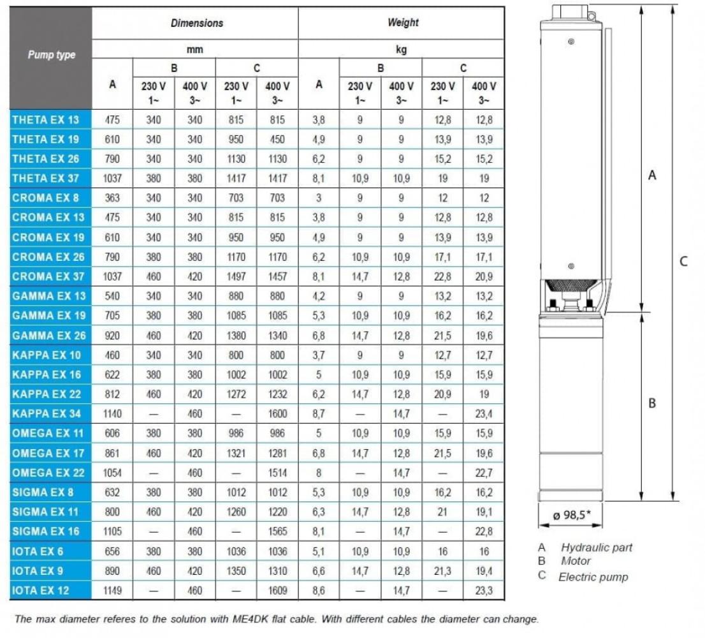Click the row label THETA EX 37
tap(46, 178)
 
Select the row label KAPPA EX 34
tap(47, 413)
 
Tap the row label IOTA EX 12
tap(40, 590)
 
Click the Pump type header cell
tap(51, 55)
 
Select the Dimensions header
tap(196, 23)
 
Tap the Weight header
tap(403, 23)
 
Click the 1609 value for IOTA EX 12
tap(277, 591)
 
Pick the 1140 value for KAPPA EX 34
tap(113, 414)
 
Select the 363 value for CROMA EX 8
tap(113, 198)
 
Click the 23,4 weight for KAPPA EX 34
tap(484, 414)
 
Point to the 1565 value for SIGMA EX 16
tap(277, 531)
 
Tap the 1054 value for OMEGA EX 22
tap(113, 473)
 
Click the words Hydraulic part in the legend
tap(597, 547)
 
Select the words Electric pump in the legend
tap(593, 577)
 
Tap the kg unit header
tap(401, 50)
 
